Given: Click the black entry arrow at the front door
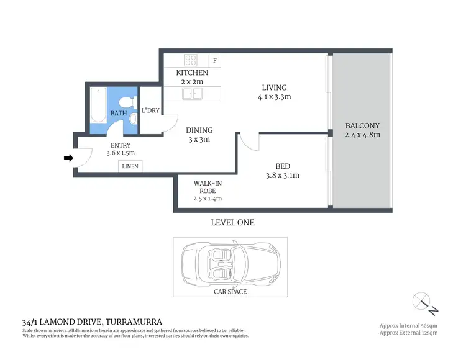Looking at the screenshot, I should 68,158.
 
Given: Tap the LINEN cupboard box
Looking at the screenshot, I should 130,166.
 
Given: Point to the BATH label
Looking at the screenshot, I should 119,114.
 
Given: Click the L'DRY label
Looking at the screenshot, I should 151,110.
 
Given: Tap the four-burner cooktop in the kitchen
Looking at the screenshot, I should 191,61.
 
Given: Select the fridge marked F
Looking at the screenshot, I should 215,61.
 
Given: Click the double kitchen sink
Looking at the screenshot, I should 192,94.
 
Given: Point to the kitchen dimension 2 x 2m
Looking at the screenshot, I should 191,82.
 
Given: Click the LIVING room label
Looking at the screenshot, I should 274,88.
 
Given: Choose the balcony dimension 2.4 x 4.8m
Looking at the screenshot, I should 362,135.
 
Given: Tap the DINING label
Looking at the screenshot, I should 199,130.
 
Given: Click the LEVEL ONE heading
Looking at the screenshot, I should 232,222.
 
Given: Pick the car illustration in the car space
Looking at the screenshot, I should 231,262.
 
